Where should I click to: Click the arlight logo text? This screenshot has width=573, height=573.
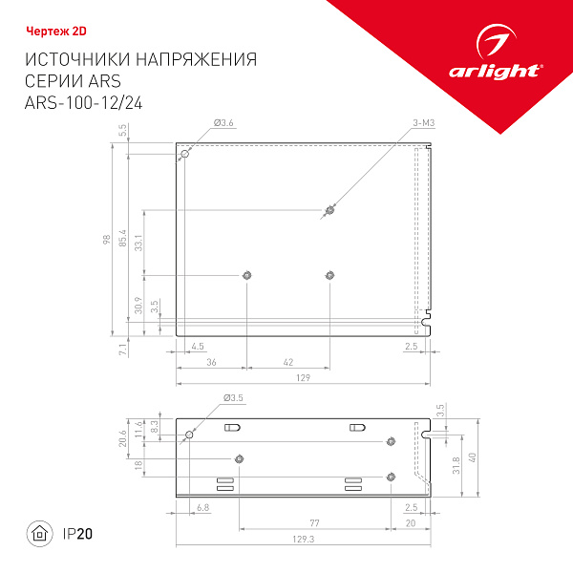click(x=498, y=71)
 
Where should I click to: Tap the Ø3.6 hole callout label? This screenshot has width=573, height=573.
click(x=223, y=122)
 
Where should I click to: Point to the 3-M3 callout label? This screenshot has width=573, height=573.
click(x=424, y=122)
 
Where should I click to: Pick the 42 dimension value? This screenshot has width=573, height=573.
click(x=288, y=363)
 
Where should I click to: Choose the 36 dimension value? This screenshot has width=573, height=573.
click(x=212, y=363)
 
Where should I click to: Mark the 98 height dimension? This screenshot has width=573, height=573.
click(x=107, y=242)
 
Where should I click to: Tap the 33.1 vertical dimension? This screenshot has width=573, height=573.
click(x=139, y=243)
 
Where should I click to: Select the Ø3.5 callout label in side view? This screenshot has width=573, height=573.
click(x=234, y=397)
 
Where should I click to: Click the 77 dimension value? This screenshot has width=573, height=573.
click(x=314, y=524)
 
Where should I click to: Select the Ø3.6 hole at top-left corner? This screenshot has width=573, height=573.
click(x=185, y=153)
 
